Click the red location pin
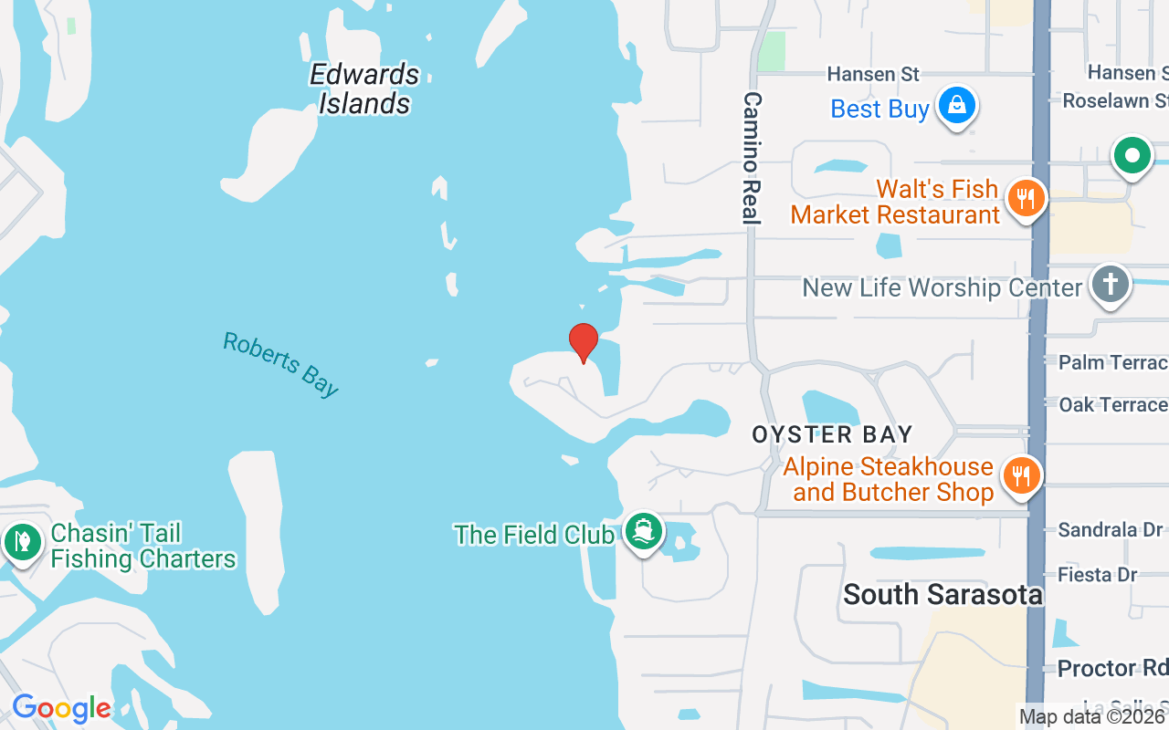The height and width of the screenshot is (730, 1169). (584, 342)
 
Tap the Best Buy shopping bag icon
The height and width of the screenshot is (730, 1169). (955, 106)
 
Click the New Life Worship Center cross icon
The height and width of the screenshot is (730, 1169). (1110, 284)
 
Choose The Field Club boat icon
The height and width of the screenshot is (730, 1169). (644, 531)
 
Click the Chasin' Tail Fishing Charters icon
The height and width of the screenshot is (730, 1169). (21, 543)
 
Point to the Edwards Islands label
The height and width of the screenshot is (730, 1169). (364, 89)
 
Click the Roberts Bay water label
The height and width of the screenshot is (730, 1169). (280, 364)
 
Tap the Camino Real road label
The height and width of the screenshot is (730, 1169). (752, 157)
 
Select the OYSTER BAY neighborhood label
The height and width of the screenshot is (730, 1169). (832, 435)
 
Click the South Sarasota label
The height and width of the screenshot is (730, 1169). (943, 595)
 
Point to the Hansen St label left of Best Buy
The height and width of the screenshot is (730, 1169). (873, 74)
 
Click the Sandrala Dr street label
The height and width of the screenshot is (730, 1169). (1110, 529)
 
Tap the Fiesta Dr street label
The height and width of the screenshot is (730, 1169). (1097, 575)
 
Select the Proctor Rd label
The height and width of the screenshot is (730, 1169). (1109, 668)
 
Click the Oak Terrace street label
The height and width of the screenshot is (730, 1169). (1112, 404)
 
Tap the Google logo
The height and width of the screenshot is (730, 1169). (61, 708)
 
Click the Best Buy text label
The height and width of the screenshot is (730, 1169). (879, 109)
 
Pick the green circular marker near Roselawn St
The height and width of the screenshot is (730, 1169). (1132, 156)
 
